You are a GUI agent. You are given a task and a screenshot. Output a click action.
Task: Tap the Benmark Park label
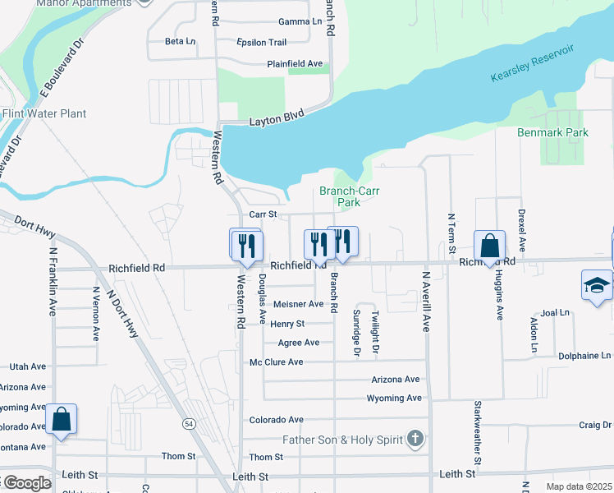pos(552,132)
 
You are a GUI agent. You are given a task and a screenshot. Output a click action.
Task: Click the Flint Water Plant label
pos(44,113)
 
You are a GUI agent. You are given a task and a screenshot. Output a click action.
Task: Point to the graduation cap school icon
pos(597,285)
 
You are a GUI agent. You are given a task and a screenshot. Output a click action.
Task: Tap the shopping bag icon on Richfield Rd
pos(489,245)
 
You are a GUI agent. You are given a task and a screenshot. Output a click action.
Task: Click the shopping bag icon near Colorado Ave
pos(62,419)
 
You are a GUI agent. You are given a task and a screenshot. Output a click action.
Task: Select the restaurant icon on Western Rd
pos(245,244)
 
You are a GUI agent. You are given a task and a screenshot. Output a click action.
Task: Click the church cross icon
pos(416,439)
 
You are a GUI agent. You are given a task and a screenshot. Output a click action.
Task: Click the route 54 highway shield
pos(189,423)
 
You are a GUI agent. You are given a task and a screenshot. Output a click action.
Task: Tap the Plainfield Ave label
pos(295,64)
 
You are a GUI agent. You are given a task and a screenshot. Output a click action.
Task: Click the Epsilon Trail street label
pos(261,42)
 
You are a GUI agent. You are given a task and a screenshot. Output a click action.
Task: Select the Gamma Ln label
pos(300,21)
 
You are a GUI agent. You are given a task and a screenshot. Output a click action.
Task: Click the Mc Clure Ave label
pos(277,362)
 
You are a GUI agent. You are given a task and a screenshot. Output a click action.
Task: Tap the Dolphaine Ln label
pos(584,356)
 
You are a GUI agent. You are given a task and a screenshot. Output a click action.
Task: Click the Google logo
pos(26,483)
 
